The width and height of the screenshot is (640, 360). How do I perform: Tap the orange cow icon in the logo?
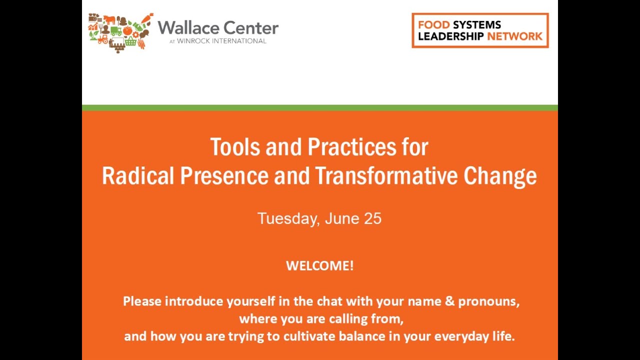point(109,19)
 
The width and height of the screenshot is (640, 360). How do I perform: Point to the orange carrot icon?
point(147,19)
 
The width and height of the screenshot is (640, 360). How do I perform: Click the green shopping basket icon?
point(131,41)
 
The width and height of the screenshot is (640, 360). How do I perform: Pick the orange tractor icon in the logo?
point(103,39)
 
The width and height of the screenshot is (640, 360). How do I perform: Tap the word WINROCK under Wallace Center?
point(194,41)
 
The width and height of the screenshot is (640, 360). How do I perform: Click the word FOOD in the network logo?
point(433,24)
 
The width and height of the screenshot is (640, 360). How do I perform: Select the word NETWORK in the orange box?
point(514,36)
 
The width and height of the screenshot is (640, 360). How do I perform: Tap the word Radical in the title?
point(138,176)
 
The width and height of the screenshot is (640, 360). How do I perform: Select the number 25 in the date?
point(372,218)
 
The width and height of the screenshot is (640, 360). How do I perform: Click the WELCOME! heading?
point(319,265)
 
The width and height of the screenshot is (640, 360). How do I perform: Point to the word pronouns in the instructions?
point(488,301)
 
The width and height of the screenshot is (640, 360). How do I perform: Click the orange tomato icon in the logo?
point(127,30)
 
